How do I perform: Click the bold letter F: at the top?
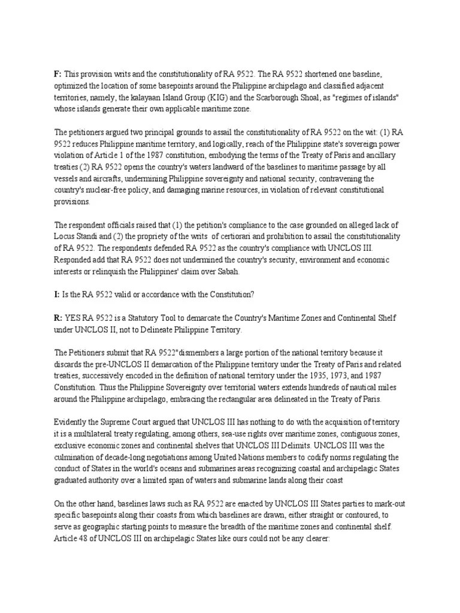click(57, 73)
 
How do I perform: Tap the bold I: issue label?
click(57, 295)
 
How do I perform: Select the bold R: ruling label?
click(58, 317)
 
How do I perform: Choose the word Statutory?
click(135, 317)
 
